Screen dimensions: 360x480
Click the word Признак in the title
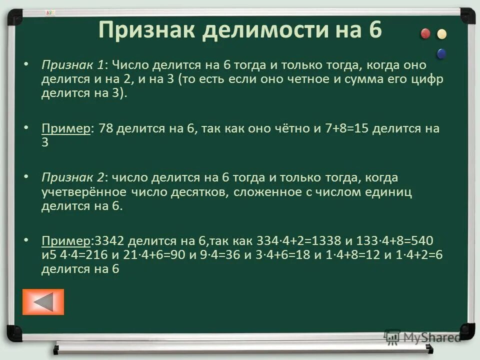coord(146,30)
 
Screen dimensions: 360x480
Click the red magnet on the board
coord(425,33)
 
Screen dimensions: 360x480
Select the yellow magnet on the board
coord(441,34)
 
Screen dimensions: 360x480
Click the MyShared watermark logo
coord(422,337)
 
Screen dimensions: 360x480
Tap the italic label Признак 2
coord(74,177)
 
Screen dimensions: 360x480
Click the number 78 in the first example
coord(106,128)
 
